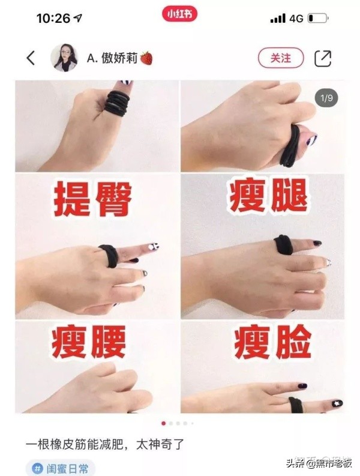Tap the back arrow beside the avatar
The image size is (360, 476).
coord(31,58)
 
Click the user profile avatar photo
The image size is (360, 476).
coord(65,58)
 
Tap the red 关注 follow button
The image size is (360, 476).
coord(281,58)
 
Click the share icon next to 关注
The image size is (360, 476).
coord(323,58)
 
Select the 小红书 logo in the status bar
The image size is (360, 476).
coord(179,14)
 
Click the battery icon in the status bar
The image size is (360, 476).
coord(318,19)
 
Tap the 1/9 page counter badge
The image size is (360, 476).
coord(326,97)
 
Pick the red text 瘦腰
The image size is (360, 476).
coord(89,342)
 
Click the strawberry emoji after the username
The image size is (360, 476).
coord(146,58)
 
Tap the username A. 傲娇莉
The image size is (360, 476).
coord(112,58)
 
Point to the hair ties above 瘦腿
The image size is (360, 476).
coord(292,144)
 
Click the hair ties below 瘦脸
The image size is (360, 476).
coord(295,403)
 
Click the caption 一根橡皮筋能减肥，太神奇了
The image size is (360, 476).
coord(109,445)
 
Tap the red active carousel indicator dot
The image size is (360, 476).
coord(163,423)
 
